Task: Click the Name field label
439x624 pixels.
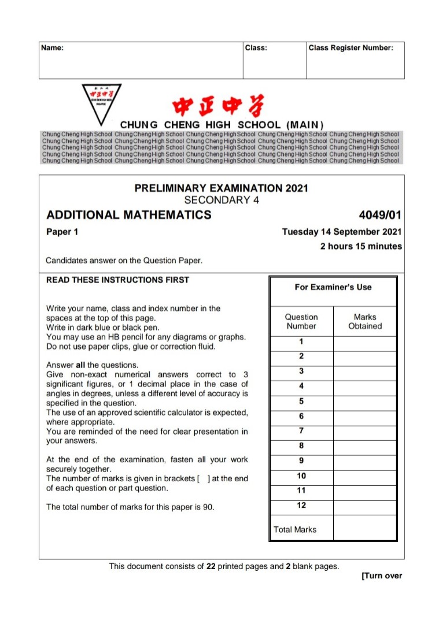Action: (53, 48)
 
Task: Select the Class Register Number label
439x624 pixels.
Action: (351, 48)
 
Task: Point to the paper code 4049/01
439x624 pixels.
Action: (380, 216)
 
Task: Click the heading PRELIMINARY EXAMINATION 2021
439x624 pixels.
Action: (222, 188)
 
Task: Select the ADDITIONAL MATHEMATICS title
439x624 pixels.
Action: (129, 216)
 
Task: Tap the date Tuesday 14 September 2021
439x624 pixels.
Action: (342, 232)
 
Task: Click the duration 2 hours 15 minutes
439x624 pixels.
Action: (361, 246)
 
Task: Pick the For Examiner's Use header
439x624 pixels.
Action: (333, 287)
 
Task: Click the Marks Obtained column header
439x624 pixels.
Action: (365, 321)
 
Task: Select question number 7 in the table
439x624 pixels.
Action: (301, 431)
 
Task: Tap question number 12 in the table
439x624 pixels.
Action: (301, 506)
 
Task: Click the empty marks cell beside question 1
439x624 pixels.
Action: (365, 342)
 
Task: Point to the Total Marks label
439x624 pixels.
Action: (295, 529)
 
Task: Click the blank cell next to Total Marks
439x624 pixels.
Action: (365, 528)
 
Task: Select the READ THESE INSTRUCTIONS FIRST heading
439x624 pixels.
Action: (117, 280)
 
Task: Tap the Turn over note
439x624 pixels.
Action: (381, 576)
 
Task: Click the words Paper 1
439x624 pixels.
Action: (62, 232)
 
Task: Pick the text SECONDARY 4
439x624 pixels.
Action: (222, 200)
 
